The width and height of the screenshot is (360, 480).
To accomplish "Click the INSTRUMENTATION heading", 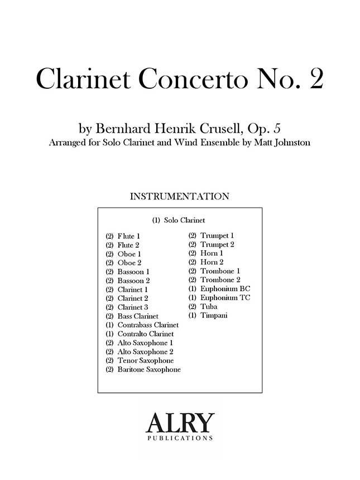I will [x=179, y=196].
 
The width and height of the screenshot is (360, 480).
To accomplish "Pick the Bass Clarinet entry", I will [x=138, y=316].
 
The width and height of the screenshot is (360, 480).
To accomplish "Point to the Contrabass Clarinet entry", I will [x=148, y=325].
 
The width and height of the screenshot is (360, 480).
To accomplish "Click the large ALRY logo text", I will [x=179, y=423].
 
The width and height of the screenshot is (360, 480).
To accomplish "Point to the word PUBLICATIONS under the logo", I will [x=179, y=439].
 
